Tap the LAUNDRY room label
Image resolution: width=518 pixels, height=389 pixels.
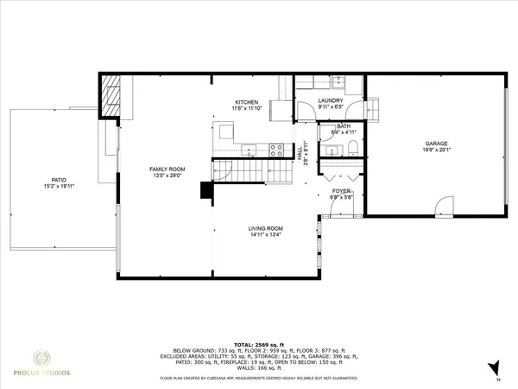click(331, 100)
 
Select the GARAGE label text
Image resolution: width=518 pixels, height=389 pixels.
click(435, 143)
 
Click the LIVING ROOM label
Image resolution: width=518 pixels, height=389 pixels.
click(266, 228)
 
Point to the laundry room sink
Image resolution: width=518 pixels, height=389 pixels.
click(339, 82)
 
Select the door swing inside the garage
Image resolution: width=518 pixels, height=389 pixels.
click(442, 207)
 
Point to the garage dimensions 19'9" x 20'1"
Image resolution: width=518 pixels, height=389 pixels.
click(435, 150)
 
